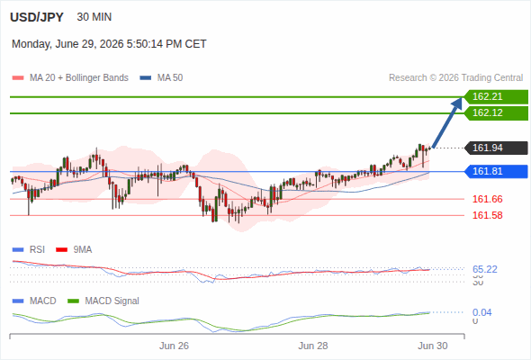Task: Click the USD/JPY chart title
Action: click(x=37, y=17)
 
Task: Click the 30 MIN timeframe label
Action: click(x=94, y=17)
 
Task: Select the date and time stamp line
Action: click(x=109, y=44)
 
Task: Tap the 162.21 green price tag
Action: click(x=496, y=97)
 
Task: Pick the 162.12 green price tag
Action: click(x=496, y=112)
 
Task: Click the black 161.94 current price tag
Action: click(x=496, y=148)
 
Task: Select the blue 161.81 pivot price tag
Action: click(x=496, y=171)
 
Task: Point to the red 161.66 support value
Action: click(x=487, y=199)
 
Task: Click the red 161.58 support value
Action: click(x=487, y=215)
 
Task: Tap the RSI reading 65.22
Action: click(x=485, y=270)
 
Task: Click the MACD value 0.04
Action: click(x=481, y=312)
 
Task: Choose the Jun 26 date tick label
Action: click(x=174, y=346)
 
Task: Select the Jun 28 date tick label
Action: click(x=313, y=346)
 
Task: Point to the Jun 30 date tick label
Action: click(x=433, y=346)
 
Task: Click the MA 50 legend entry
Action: click(x=161, y=78)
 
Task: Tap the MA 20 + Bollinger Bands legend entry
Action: click(x=70, y=78)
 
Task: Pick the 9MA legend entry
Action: click(x=74, y=250)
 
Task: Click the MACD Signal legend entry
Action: click(x=103, y=301)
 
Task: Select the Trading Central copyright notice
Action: click(x=455, y=78)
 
